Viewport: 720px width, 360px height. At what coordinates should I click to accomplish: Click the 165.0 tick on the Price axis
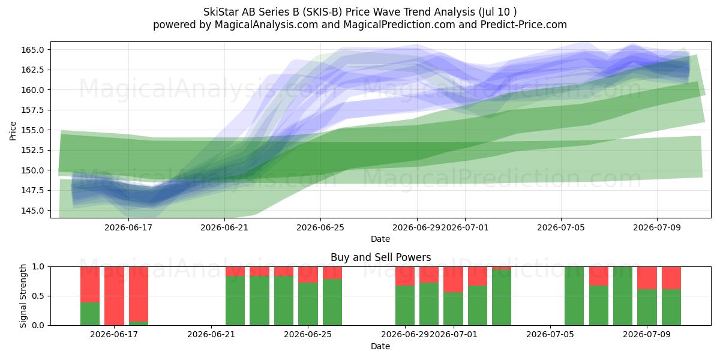point(32,50)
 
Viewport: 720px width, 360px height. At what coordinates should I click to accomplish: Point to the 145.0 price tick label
point(32,211)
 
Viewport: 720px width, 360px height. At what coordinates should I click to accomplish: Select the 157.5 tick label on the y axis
point(32,110)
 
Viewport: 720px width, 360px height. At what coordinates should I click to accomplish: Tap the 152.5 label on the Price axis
point(32,150)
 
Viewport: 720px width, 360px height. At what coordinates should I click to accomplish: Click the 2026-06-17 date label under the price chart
point(128,227)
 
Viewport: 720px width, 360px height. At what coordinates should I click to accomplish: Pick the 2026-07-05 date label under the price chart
point(561,227)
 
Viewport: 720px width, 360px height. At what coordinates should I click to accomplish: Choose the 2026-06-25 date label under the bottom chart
point(308,334)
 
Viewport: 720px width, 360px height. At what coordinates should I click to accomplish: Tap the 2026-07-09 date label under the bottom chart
point(647,334)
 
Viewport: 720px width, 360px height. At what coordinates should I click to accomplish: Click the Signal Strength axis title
point(23,296)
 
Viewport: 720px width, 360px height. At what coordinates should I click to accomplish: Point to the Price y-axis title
point(13,131)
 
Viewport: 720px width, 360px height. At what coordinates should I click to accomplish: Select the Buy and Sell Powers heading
point(380,257)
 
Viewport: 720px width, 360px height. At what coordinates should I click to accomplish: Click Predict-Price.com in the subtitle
point(524,25)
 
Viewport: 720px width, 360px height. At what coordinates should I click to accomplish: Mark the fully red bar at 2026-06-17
point(114,296)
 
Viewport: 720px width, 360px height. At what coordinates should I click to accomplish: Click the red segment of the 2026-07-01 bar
point(453,280)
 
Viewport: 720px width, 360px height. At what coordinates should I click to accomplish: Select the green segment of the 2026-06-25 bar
point(308,304)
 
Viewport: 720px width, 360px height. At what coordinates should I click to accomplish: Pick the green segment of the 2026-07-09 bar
point(647,307)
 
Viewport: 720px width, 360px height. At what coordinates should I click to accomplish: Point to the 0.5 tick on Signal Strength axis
point(38,296)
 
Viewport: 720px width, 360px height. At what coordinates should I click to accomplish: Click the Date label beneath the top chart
point(380,239)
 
